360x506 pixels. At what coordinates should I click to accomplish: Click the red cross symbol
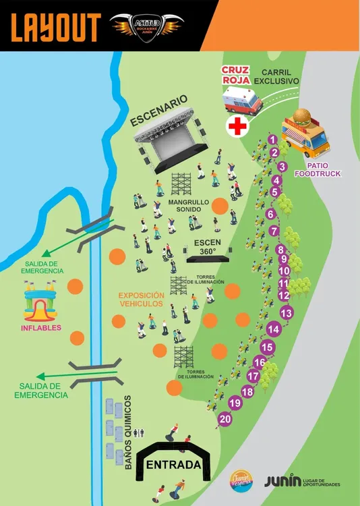(237, 125)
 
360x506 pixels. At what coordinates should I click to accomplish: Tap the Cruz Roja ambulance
(242, 101)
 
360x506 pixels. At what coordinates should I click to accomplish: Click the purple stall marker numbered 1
(272, 140)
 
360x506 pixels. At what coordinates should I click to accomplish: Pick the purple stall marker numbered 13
(287, 313)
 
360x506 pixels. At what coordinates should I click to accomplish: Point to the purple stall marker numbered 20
(225, 419)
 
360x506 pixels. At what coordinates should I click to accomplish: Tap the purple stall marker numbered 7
(274, 231)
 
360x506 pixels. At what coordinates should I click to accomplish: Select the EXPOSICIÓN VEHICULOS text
(141, 300)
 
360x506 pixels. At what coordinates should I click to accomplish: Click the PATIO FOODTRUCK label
(323, 169)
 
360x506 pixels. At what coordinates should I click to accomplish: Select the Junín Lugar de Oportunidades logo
(302, 480)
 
